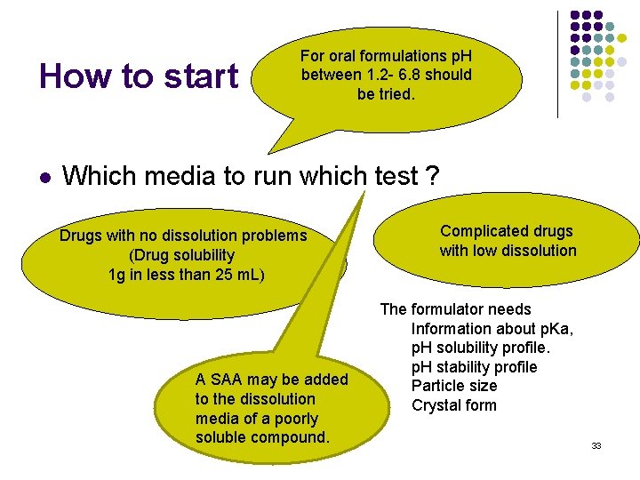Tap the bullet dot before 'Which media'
tap(44, 178)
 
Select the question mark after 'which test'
tap(432, 176)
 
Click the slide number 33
tap(596, 445)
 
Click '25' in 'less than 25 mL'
tap(198, 275)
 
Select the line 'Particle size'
tap(454, 386)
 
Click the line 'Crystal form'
tap(453, 405)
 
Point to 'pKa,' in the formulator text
tap(550, 329)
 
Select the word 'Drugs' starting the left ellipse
tap(80, 236)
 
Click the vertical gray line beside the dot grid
tap(557, 62)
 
